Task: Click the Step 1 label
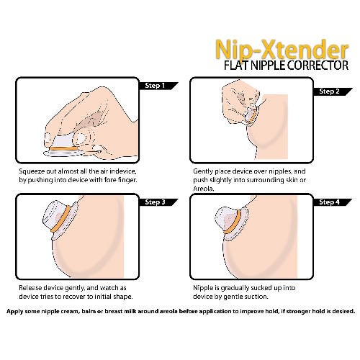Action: click(155, 86)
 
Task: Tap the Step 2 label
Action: click(329, 91)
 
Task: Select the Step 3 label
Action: click(155, 202)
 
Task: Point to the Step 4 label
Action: click(329, 202)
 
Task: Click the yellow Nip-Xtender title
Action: click(282, 50)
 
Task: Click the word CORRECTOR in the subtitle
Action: click(318, 66)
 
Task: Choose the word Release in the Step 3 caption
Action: click(30, 288)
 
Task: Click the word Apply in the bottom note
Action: click(14, 312)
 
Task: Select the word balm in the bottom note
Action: click(89, 311)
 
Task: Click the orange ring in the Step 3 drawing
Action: click(60, 219)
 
